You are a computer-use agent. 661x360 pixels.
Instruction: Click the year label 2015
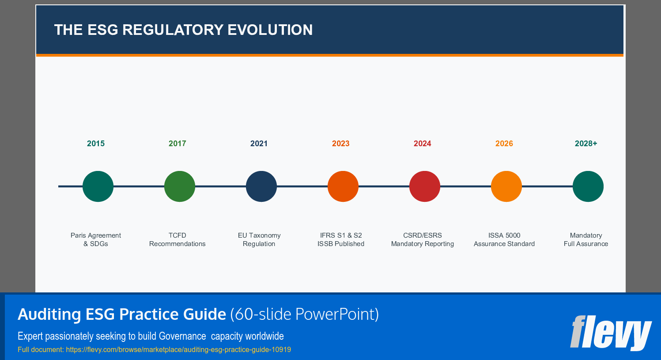(96, 144)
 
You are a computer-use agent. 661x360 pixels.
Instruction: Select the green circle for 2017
(180, 186)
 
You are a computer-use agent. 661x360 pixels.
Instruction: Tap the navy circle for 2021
(261, 186)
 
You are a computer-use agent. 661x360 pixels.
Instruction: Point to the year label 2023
(341, 144)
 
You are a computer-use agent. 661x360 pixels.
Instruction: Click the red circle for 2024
(425, 186)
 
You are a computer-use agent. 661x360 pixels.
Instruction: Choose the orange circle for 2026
(506, 186)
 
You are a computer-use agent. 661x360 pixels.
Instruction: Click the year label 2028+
(586, 144)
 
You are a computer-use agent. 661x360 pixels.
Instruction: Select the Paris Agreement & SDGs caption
(96, 239)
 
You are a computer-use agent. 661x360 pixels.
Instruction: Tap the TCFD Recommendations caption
(178, 239)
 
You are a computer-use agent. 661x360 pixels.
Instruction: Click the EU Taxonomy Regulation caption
(259, 239)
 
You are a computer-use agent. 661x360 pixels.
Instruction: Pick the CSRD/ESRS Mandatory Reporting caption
(423, 239)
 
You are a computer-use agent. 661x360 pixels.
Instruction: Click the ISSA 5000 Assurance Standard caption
(504, 239)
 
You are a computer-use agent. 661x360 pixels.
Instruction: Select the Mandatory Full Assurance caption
(586, 239)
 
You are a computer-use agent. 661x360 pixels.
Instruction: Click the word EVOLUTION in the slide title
(270, 30)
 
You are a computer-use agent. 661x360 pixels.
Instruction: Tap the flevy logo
(611, 332)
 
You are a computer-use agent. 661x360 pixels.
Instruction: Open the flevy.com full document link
(178, 349)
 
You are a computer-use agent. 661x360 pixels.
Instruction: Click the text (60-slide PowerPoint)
(304, 315)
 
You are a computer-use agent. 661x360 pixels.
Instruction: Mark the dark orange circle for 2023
(343, 186)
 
